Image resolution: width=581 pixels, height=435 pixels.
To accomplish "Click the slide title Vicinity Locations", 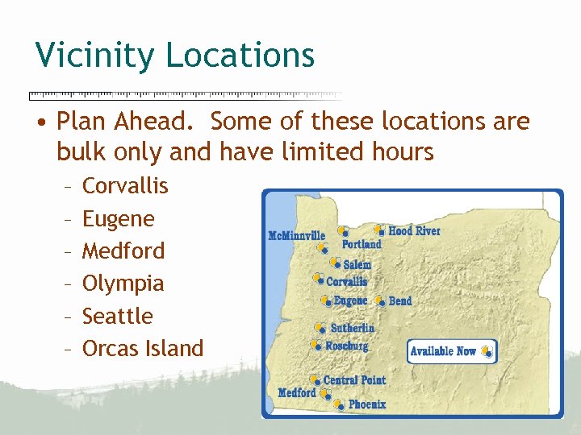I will [x=174, y=55].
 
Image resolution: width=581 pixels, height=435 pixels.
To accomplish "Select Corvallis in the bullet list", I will [x=125, y=186].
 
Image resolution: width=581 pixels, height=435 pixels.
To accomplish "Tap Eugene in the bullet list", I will [x=119, y=218].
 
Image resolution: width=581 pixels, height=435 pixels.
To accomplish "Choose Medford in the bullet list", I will [x=123, y=251].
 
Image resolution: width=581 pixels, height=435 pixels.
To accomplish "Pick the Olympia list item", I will [x=123, y=284].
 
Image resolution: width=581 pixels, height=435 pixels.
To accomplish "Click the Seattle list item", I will [x=118, y=316].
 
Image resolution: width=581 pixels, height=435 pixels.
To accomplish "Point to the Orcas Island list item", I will [x=143, y=349].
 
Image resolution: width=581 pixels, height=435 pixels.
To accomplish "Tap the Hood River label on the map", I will [x=414, y=231].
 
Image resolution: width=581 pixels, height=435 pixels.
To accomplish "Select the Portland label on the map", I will [x=361, y=244].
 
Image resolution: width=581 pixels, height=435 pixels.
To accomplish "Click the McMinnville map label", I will [x=296, y=236].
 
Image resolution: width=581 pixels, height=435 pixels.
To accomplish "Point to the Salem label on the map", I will [x=357, y=265].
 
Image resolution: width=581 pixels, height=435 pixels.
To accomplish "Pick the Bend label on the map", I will [x=399, y=301].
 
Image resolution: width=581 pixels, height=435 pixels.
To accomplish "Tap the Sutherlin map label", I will [x=353, y=329].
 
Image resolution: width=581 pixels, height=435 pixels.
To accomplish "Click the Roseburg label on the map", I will [x=347, y=346].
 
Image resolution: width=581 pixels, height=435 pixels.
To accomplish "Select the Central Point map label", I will [x=354, y=380].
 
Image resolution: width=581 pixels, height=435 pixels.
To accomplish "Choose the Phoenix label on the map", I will [x=367, y=404].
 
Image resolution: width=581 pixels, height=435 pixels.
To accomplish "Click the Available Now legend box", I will [x=451, y=351].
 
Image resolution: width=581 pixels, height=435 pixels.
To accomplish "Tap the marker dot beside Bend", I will [x=380, y=300].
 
